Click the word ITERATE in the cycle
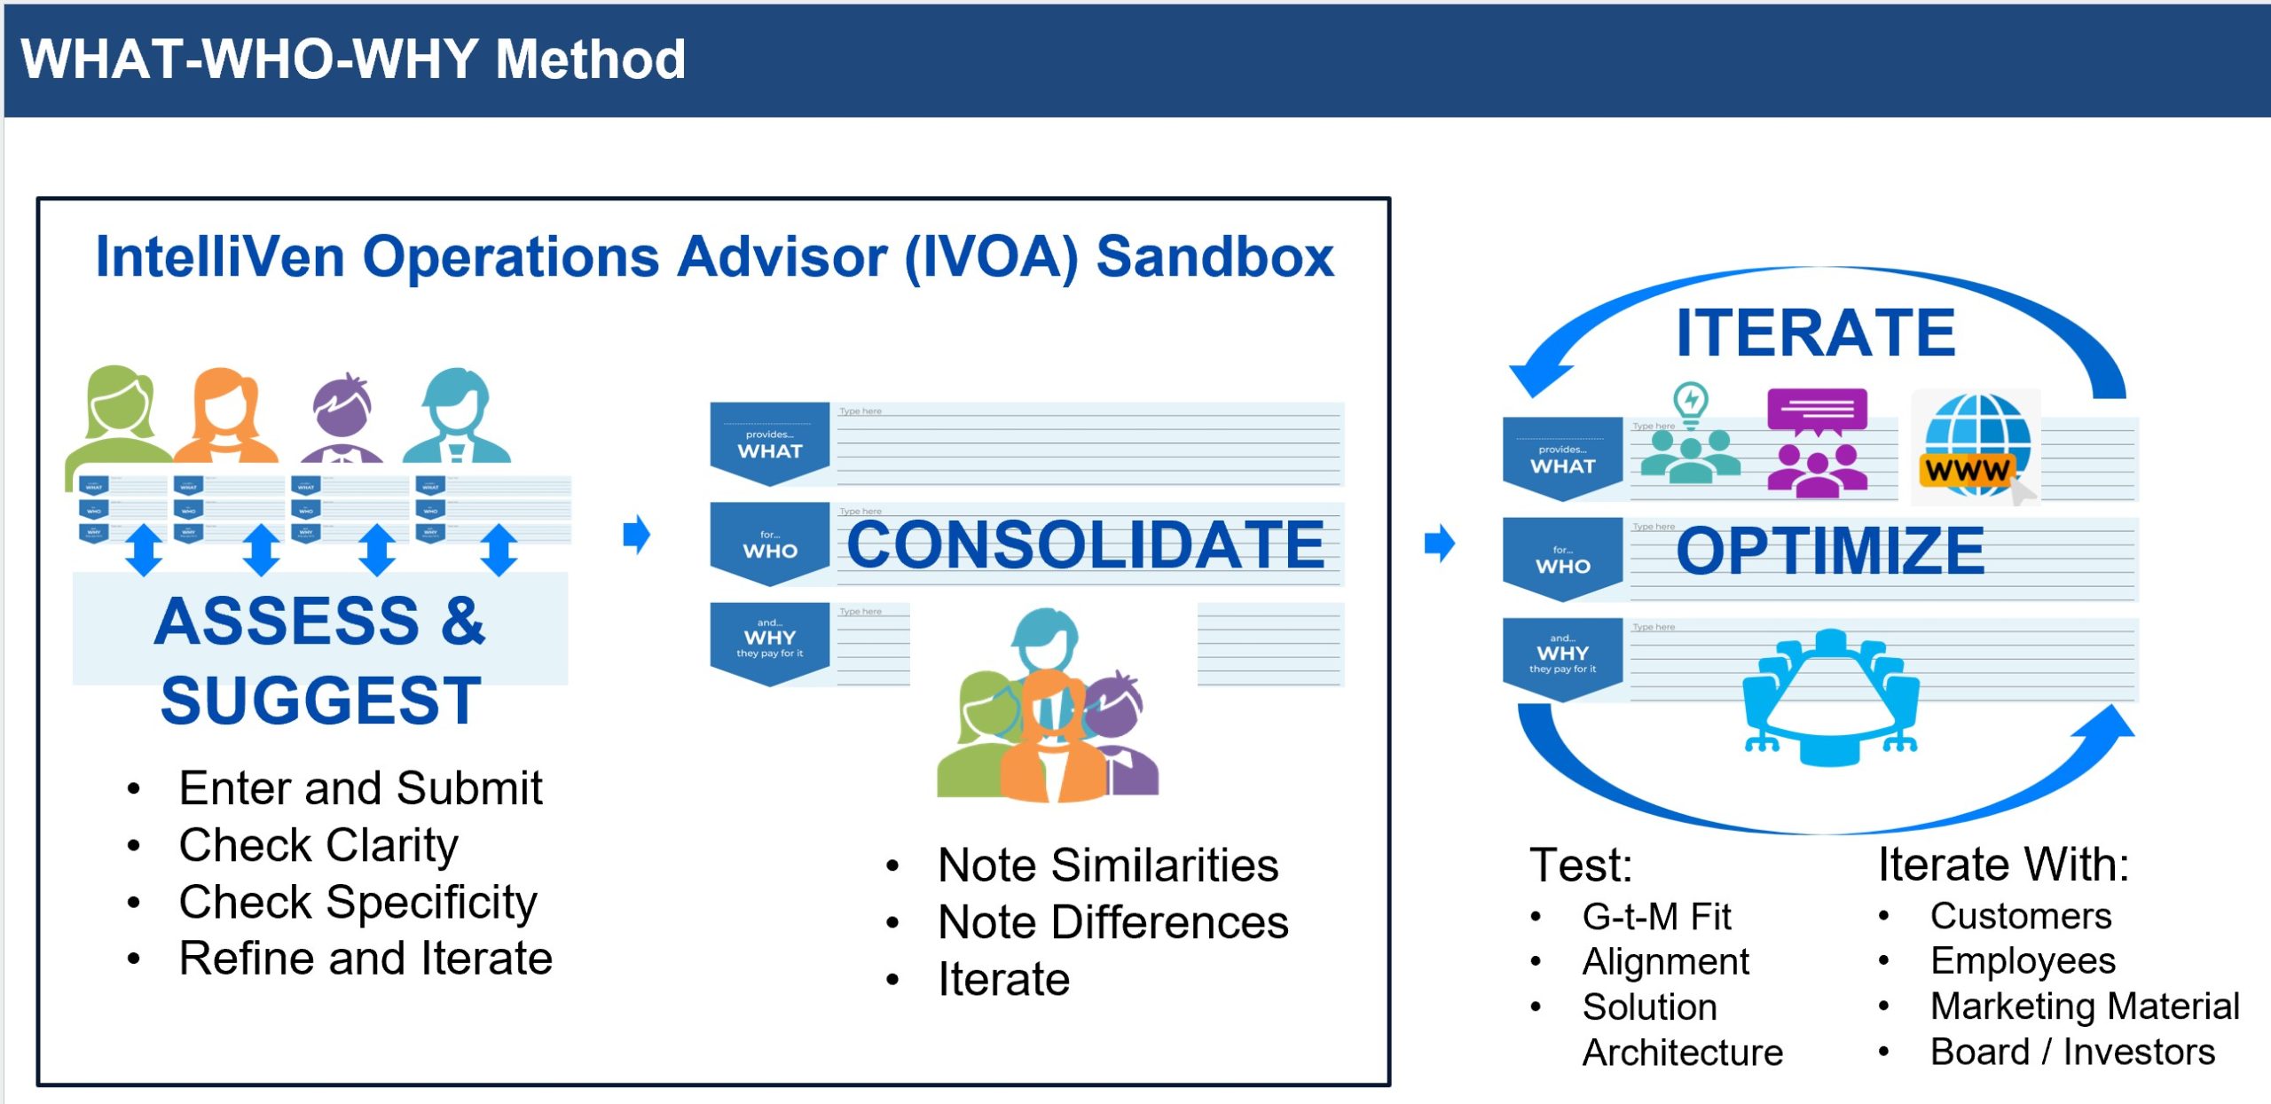click(1815, 333)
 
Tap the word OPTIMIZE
click(1829, 551)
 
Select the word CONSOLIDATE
click(1085, 544)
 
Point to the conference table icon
click(1831, 697)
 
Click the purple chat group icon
click(1816, 442)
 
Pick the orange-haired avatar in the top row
click(225, 415)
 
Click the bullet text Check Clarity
click(318, 845)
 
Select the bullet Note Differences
click(1112, 922)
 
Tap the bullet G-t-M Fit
click(1656, 916)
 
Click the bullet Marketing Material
click(2085, 1006)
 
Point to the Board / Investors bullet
click(2072, 1052)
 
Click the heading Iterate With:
click(2003, 864)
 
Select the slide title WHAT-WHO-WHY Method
click(353, 59)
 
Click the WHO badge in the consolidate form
click(769, 543)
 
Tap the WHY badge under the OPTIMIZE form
click(1562, 657)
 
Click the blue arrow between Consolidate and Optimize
click(1439, 543)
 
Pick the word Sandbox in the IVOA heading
click(1215, 257)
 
